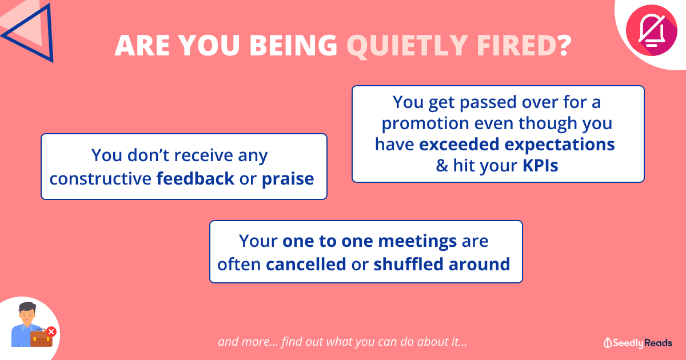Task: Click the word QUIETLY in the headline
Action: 407,46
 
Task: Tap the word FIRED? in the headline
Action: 524,45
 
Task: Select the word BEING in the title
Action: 293,45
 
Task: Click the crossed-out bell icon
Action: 651,30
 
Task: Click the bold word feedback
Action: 196,178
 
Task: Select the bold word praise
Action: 288,179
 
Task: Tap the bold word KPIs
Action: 540,166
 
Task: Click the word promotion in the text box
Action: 425,123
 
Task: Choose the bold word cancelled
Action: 306,264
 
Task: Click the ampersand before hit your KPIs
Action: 442,166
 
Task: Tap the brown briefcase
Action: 41,338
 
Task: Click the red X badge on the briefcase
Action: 51,331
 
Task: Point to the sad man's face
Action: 27,316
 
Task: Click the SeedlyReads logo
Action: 638,343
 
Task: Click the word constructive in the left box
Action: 101,179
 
